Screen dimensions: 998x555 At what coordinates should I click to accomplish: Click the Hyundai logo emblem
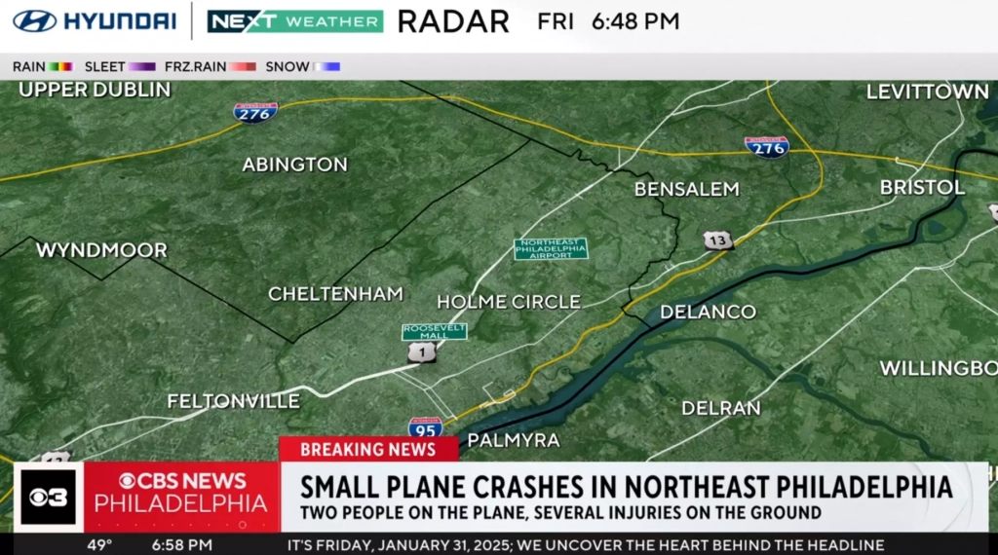click(x=34, y=20)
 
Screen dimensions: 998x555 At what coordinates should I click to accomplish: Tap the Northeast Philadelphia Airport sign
click(x=551, y=249)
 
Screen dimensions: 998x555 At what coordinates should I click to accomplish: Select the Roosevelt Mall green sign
click(x=434, y=331)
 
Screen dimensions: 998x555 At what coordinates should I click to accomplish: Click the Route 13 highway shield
click(x=718, y=240)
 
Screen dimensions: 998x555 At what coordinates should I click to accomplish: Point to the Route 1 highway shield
click(x=421, y=352)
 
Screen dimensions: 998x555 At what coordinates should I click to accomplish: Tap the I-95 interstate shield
click(x=425, y=426)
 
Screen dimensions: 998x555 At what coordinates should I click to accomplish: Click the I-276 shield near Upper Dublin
click(x=255, y=112)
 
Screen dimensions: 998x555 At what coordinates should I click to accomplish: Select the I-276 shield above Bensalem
click(x=767, y=146)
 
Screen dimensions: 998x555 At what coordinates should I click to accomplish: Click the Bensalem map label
click(x=686, y=189)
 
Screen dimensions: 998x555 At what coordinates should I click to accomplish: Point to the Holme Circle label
click(x=508, y=302)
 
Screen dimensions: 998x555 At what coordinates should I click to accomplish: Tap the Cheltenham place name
click(x=335, y=293)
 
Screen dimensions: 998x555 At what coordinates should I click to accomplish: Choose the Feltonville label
click(x=233, y=400)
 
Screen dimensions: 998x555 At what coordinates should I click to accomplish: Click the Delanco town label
click(x=708, y=312)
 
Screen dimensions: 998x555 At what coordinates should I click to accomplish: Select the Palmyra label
click(x=514, y=440)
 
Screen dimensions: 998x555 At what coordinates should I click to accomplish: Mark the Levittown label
click(x=927, y=92)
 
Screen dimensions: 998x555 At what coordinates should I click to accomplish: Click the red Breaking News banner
click(x=368, y=449)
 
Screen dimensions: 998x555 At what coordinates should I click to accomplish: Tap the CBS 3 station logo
click(x=49, y=497)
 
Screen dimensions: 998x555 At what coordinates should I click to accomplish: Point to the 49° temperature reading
click(x=100, y=545)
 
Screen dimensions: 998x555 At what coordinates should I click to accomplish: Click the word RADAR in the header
click(x=453, y=20)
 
